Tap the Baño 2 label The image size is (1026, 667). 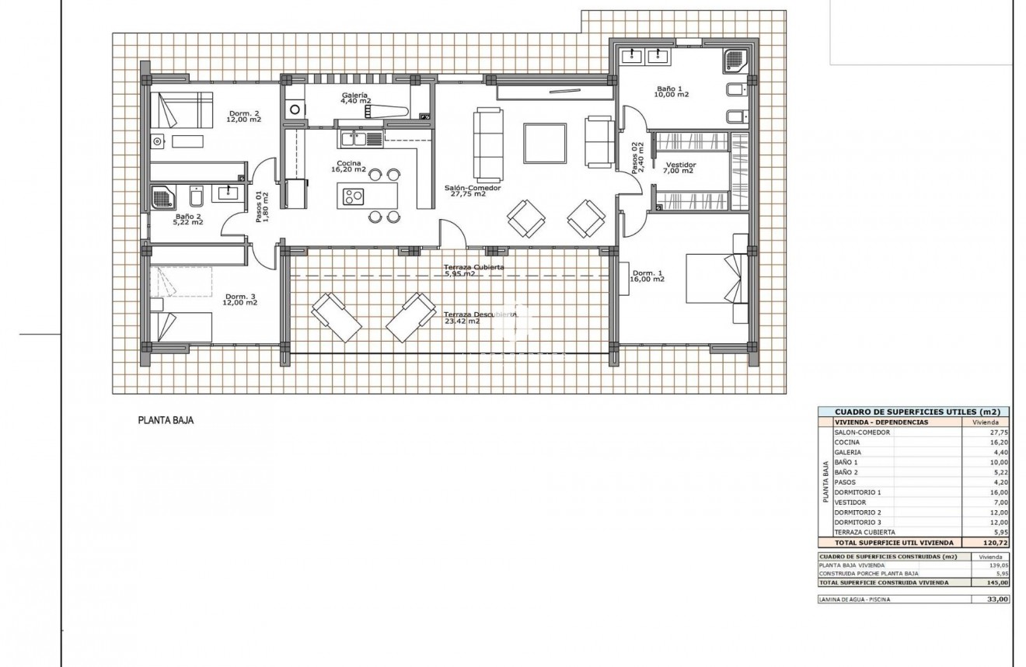click(x=189, y=219)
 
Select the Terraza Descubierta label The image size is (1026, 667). click(x=480, y=314)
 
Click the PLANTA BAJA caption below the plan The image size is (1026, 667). click(x=166, y=420)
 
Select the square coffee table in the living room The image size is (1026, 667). click(x=545, y=142)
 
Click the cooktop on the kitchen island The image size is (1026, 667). click(x=354, y=195)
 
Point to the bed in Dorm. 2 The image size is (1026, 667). click(x=181, y=109)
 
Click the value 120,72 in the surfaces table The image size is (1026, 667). click(x=995, y=543)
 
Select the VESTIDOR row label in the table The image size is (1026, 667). click(x=852, y=502)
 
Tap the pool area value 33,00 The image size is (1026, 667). click(x=997, y=599)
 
